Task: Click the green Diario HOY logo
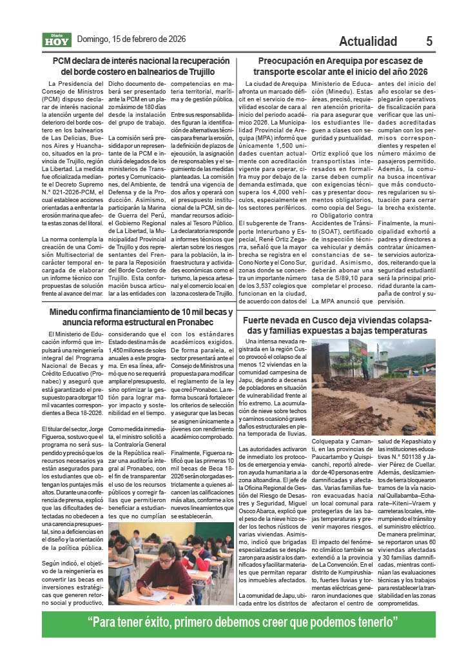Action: (57, 40)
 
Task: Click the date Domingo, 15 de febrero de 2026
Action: (131, 39)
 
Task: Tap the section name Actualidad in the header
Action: (368, 41)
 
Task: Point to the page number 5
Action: (429, 41)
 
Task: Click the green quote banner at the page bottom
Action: (233, 624)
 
